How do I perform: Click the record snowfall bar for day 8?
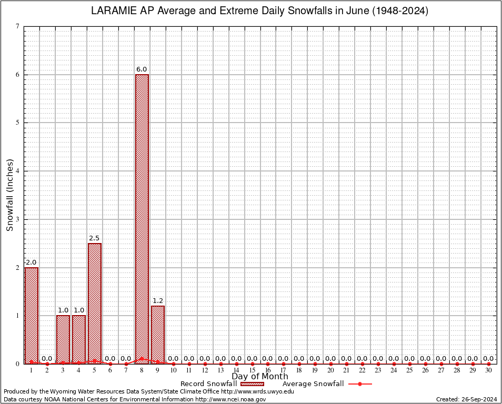tap(142, 219)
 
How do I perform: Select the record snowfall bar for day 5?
tap(94, 303)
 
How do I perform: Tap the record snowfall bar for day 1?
tap(31, 315)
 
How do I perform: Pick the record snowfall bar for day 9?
tap(157, 335)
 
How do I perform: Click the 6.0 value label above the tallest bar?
tap(142, 69)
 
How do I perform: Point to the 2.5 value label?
tap(94, 238)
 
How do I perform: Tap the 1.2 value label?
tap(158, 301)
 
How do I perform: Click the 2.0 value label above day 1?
tap(31, 262)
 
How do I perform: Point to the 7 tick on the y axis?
tap(18, 26)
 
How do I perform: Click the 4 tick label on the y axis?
tap(18, 171)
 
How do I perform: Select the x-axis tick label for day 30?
tap(488, 370)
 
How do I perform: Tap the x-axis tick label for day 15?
tap(252, 370)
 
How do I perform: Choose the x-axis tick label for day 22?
tap(362, 370)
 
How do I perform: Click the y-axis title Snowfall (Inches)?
tap(9, 195)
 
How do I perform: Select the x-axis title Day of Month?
tap(260, 377)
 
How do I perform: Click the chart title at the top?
tap(260, 11)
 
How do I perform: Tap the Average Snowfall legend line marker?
tap(360, 384)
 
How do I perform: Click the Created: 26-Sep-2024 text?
tap(467, 399)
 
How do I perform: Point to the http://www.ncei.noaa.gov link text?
tap(230, 399)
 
